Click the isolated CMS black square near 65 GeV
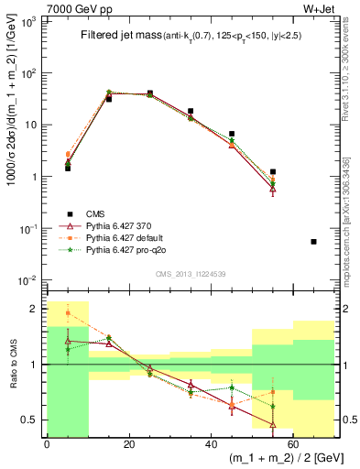click(x=314, y=242)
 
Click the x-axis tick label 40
click(x=211, y=444)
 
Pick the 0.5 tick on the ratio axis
click(x=29, y=420)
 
